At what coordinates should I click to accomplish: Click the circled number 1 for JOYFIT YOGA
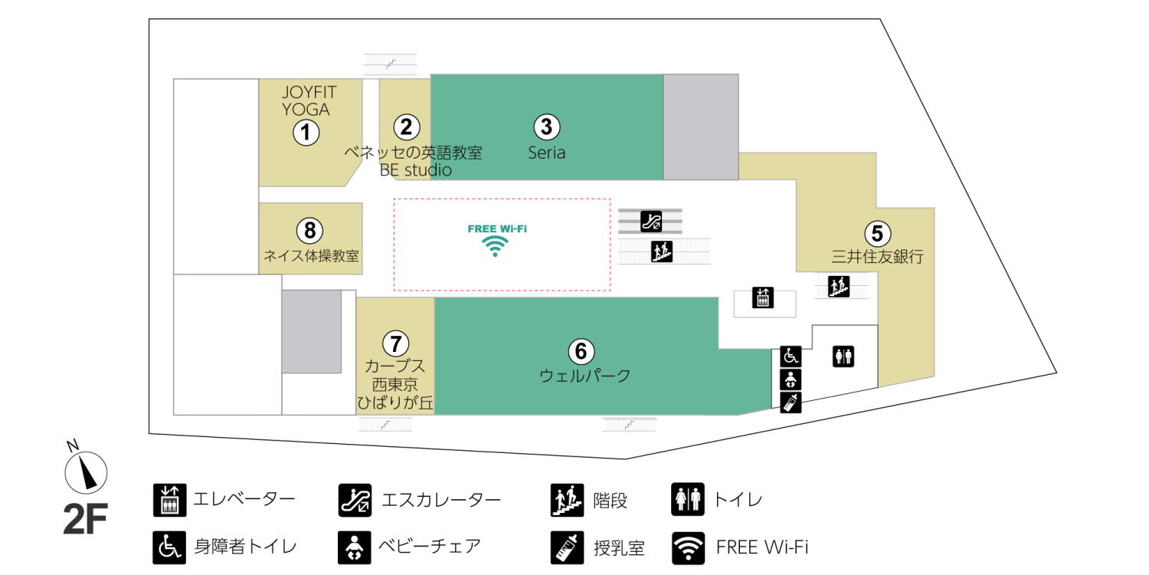[x=306, y=133]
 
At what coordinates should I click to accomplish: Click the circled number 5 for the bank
[x=877, y=232]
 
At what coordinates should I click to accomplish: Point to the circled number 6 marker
[x=581, y=351]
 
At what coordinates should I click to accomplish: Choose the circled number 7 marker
[x=395, y=342]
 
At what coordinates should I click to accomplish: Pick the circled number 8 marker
[x=309, y=229]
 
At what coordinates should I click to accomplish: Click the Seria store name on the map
[x=547, y=153]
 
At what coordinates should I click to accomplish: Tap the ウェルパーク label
[x=585, y=376]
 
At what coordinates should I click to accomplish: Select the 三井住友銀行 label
[x=877, y=257]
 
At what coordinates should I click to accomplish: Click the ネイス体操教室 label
[x=311, y=256]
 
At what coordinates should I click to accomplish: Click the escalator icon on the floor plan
[x=651, y=222]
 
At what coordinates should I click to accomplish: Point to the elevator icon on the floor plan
[x=764, y=297]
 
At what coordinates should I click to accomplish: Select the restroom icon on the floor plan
[x=843, y=356]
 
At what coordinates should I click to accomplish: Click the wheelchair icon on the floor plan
[x=791, y=356]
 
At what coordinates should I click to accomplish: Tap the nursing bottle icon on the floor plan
[x=791, y=402]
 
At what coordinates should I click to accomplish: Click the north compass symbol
[x=86, y=471]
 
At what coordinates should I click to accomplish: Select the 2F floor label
[x=85, y=519]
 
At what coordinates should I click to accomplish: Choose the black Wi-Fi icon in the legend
[x=688, y=547]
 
